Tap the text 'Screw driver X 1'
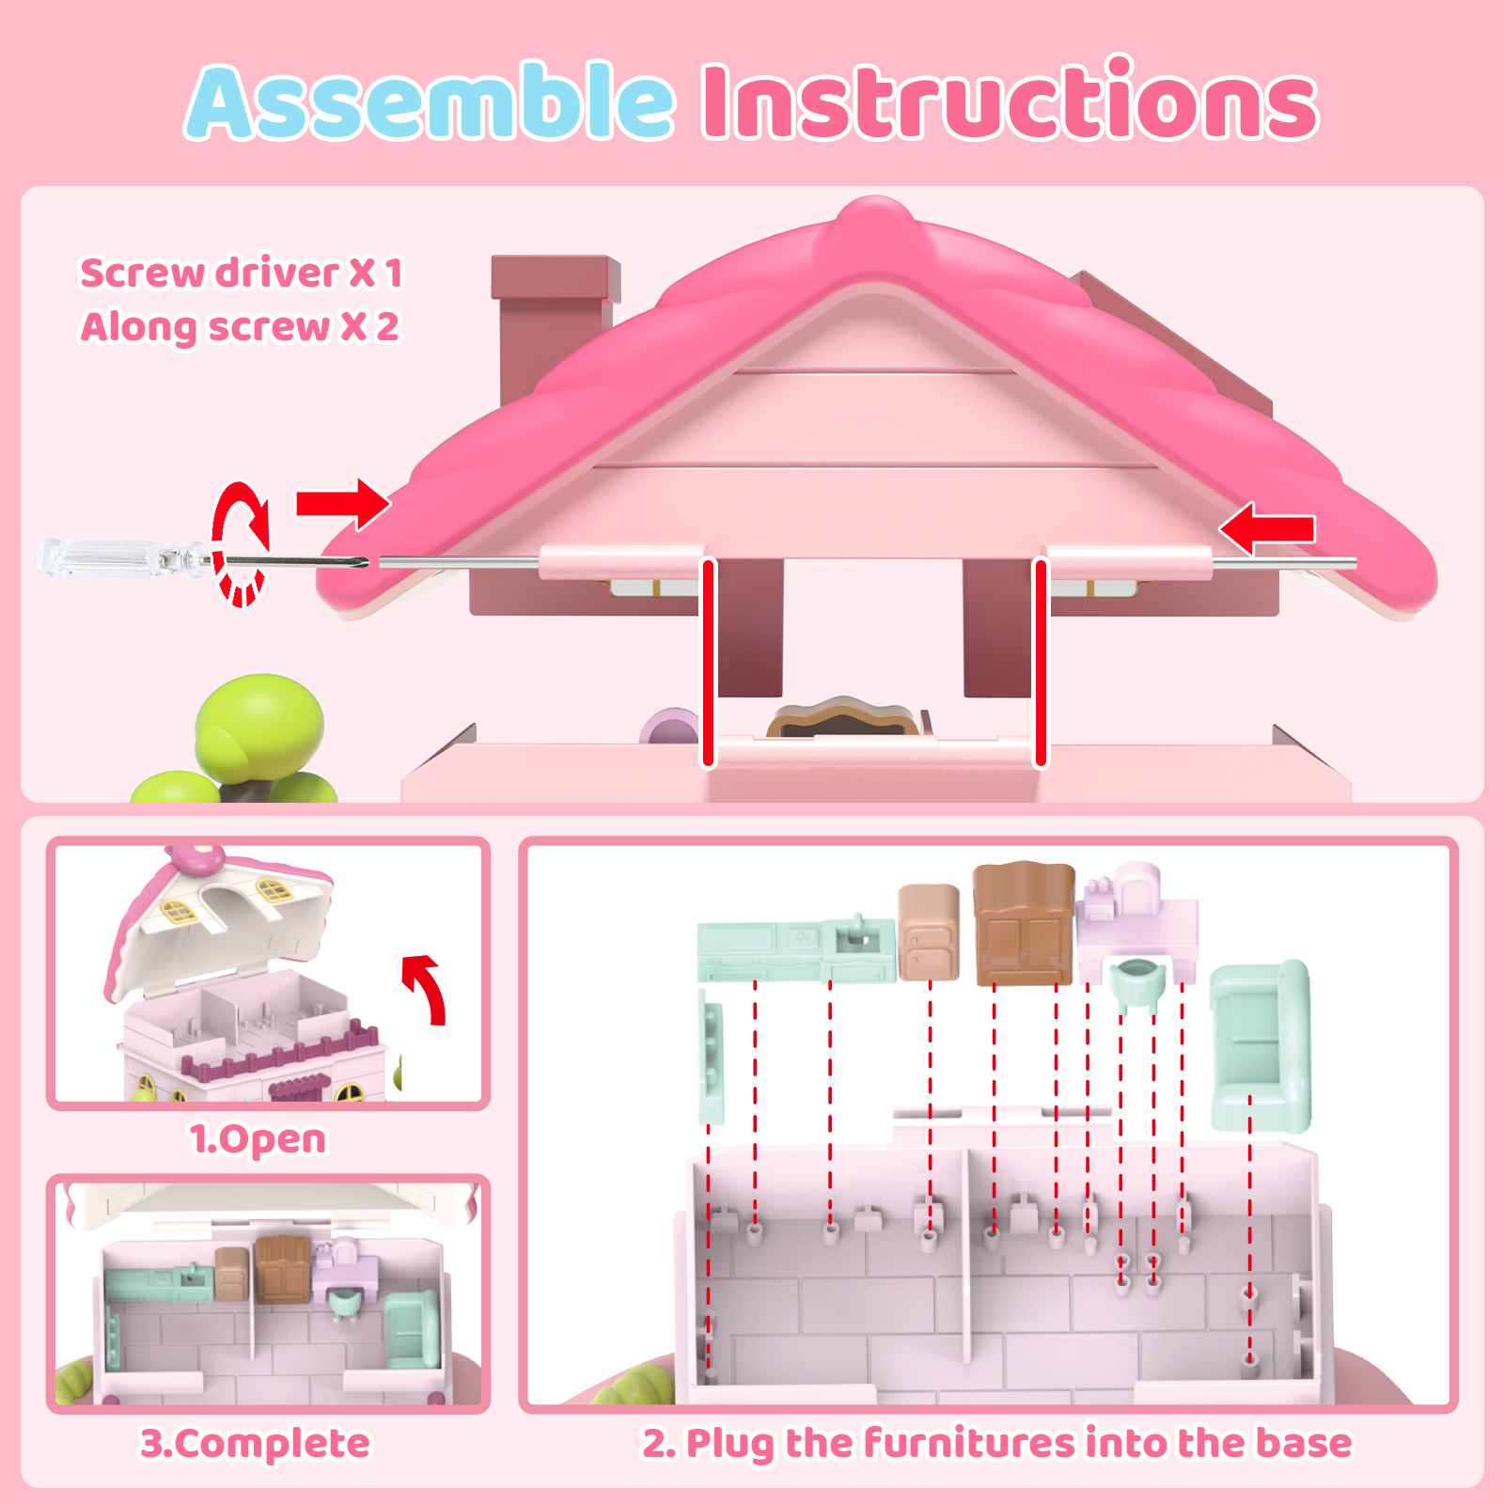(x=242, y=273)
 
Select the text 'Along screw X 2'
(x=240, y=327)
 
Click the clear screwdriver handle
(x=122, y=556)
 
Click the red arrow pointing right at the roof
(x=343, y=503)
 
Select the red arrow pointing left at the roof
(x=1266, y=528)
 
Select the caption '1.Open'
(x=258, y=1139)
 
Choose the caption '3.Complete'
(x=256, y=1444)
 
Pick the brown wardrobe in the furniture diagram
(x=1024, y=923)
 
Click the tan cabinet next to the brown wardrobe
(x=929, y=932)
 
